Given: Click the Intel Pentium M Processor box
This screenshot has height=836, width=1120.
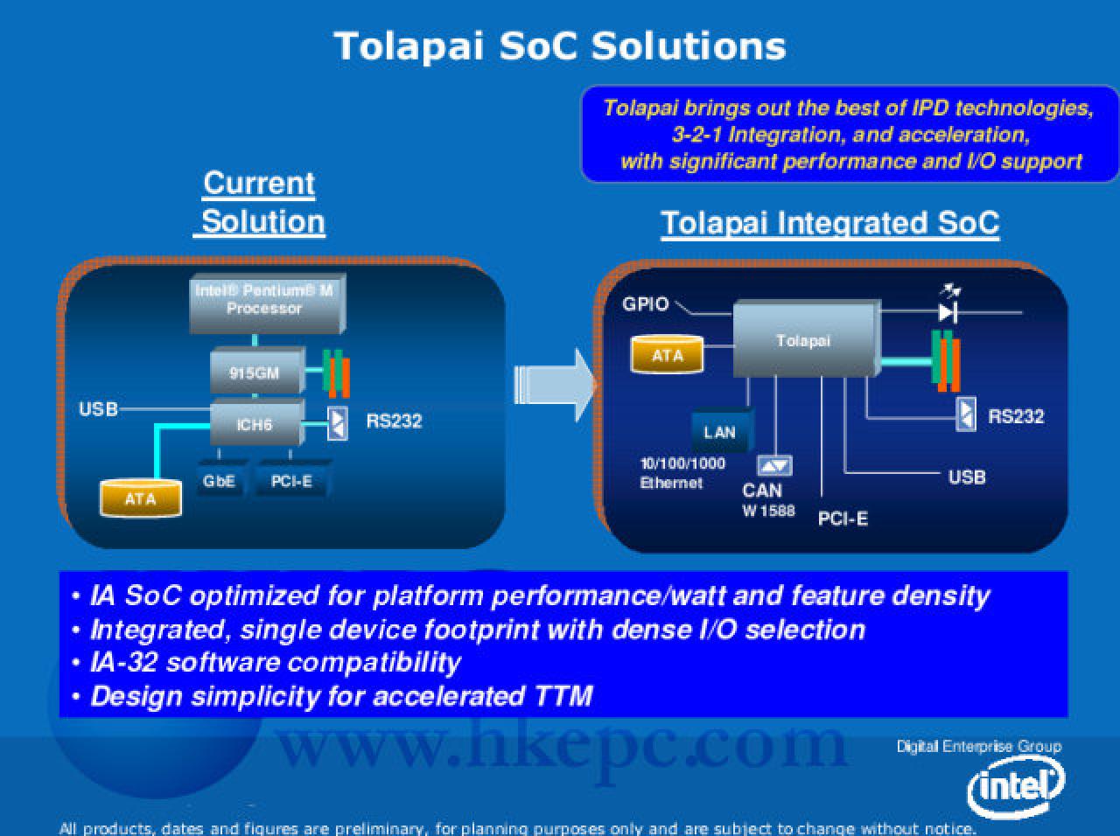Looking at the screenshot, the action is (x=268, y=303).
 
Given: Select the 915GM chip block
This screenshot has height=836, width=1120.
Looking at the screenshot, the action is (x=257, y=371).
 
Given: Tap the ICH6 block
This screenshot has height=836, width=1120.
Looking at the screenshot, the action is (x=257, y=422).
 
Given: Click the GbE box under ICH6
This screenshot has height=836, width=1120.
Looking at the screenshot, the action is (x=220, y=479).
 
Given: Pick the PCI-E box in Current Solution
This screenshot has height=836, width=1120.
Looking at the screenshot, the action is (x=292, y=479).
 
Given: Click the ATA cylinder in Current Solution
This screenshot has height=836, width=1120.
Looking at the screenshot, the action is (x=141, y=498).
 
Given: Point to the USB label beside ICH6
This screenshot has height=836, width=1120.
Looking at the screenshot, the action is (x=99, y=409).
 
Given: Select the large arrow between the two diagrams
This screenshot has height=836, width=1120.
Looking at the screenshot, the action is (x=555, y=386).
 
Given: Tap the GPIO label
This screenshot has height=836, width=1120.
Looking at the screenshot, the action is (x=646, y=303).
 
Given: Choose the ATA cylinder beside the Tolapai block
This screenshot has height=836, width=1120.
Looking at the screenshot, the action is (x=667, y=354).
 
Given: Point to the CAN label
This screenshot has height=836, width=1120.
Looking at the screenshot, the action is (x=762, y=491).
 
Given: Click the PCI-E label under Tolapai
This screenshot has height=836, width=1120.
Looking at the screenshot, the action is (x=843, y=519).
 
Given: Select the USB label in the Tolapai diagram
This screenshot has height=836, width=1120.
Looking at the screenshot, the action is (x=967, y=477).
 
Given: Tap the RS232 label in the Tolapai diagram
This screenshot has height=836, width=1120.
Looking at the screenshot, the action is (x=1016, y=416).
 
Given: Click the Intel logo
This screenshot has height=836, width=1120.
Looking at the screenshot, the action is (x=1016, y=786).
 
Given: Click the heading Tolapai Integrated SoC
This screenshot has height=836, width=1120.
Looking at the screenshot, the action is (x=830, y=223).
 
